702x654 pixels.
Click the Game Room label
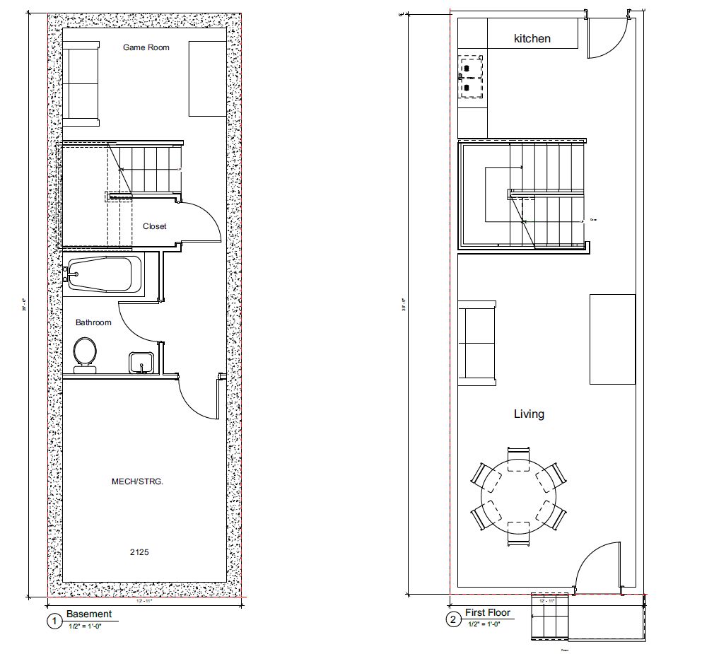tap(146, 47)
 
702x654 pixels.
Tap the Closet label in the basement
tap(155, 226)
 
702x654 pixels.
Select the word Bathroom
tap(93, 322)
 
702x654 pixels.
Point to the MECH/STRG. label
tap(137, 481)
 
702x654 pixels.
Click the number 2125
tap(139, 551)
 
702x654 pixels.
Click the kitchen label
tap(532, 38)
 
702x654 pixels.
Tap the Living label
tap(529, 414)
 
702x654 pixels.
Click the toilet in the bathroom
tap(86, 352)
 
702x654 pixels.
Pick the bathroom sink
tap(141, 362)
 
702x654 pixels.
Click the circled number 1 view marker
tap(54, 622)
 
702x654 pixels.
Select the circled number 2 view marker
tap(452, 621)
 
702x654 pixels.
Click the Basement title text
tap(89, 614)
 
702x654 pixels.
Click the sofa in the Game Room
tap(81, 83)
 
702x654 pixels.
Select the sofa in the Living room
tap(478, 344)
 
